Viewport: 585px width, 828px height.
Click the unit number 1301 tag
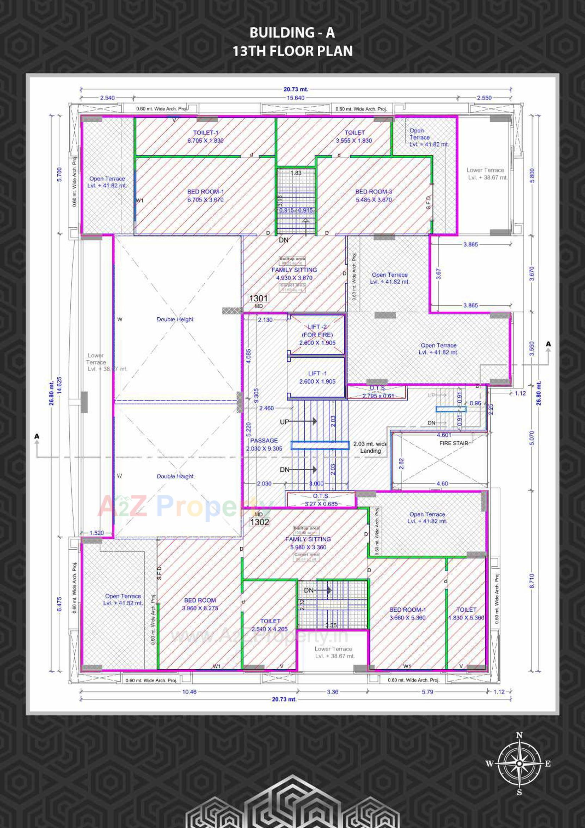258,298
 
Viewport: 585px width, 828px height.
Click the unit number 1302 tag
259,522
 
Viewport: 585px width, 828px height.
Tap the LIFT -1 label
317,377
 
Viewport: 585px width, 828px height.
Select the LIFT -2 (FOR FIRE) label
317,334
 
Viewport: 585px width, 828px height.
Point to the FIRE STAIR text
453,443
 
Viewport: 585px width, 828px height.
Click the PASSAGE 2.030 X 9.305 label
264,444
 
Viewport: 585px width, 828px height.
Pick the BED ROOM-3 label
373,195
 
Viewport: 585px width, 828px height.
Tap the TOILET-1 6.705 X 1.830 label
205,137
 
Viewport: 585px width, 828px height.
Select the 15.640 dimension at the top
295,98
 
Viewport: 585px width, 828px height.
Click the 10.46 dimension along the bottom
189,692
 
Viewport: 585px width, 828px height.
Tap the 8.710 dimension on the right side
532,580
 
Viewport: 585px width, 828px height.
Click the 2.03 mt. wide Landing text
370,447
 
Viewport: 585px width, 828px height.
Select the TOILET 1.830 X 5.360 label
466,613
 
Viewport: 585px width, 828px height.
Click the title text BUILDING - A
292,33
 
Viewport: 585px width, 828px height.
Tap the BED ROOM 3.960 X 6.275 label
200,604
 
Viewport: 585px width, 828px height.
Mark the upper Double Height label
175,319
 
